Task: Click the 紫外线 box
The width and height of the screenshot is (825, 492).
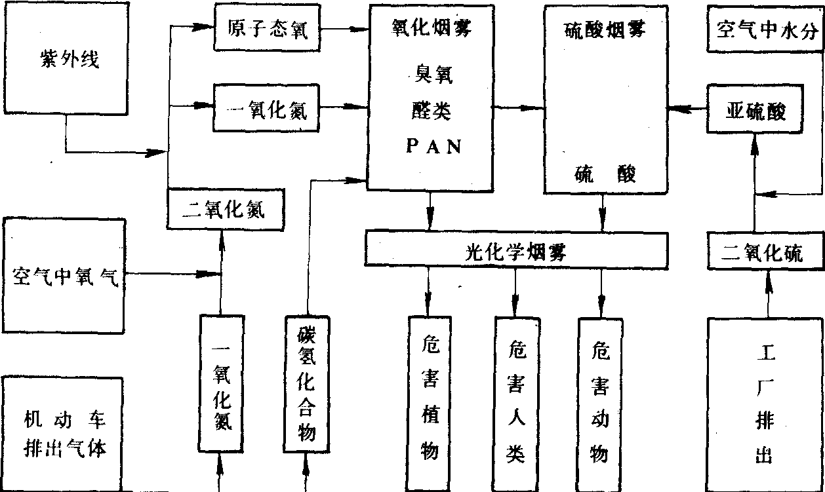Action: tap(65, 64)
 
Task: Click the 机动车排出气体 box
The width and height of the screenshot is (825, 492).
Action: tap(64, 433)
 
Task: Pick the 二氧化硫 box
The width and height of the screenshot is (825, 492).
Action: tap(765, 252)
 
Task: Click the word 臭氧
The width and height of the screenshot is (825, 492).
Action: tap(430, 77)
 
